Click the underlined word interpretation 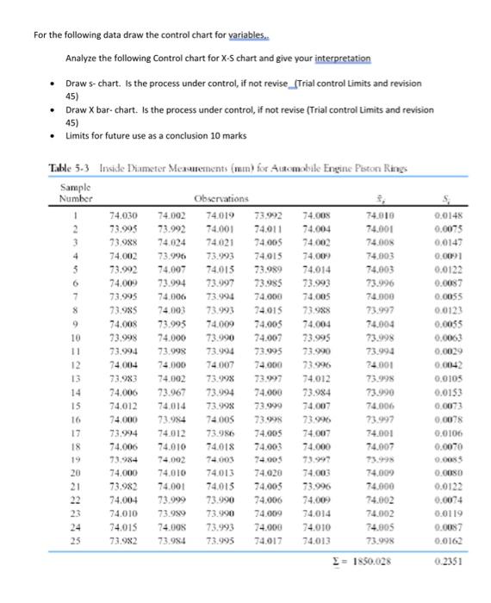pos(337,58)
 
